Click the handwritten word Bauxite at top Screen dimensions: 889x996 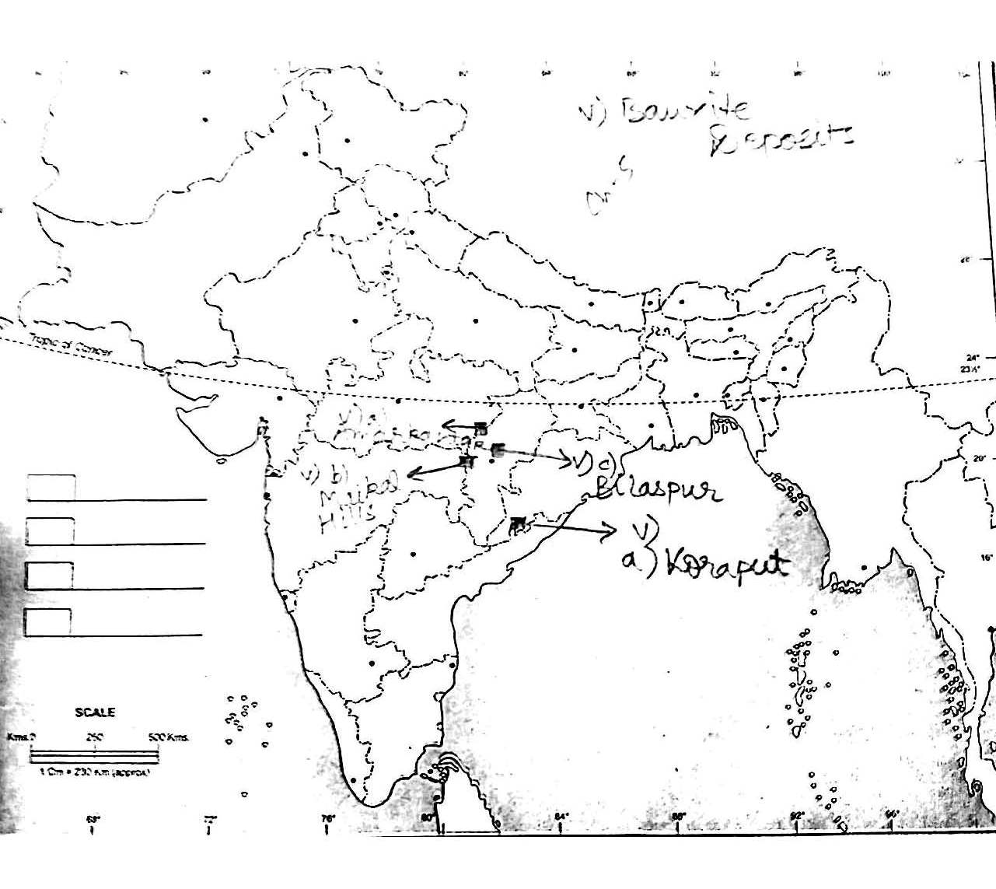click(x=684, y=110)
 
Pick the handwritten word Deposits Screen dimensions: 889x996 click(x=781, y=141)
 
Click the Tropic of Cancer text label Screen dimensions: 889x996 click(x=71, y=345)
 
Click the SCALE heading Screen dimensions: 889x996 click(x=95, y=712)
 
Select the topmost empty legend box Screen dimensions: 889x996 click(x=51, y=488)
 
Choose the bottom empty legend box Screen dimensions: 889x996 click(x=48, y=622)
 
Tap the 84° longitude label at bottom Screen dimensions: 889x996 click(x=561, y=816)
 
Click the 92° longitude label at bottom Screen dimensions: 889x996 click(x=796, y=816)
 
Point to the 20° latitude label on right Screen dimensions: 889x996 click(x=978, y=458)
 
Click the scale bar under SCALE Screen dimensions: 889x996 click(x=94, y=754)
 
